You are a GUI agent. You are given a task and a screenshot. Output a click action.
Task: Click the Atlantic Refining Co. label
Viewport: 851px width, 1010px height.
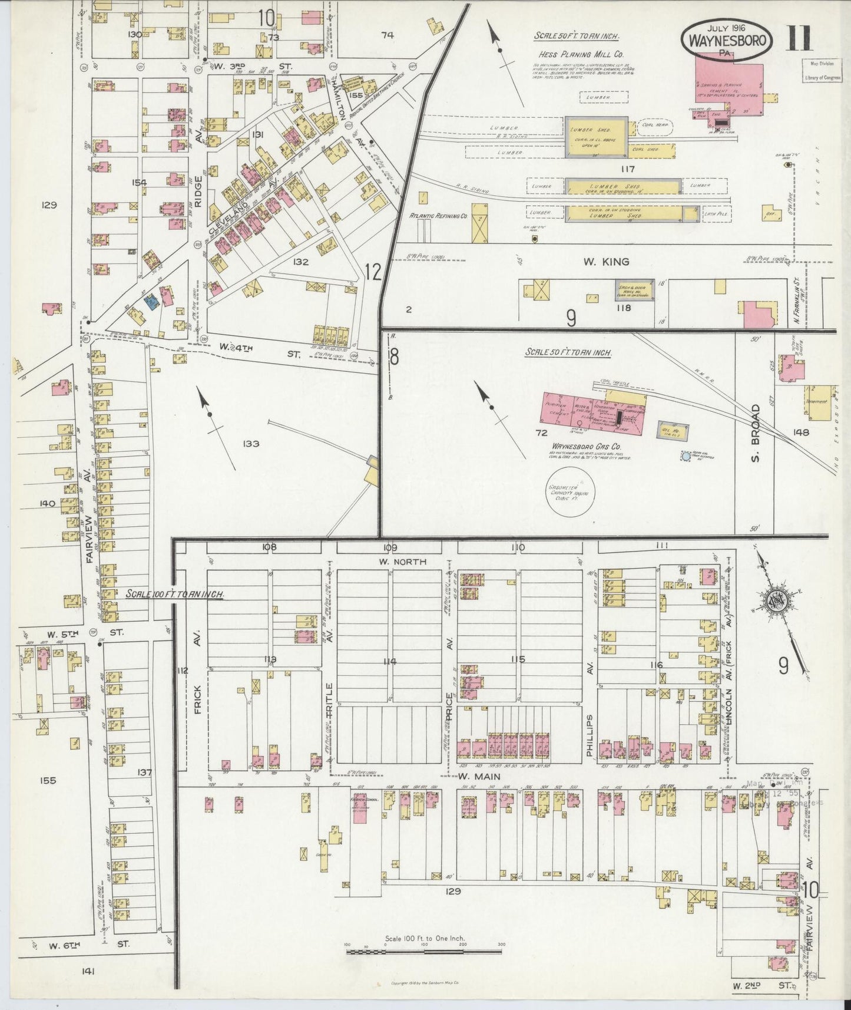click(x=438, y=216)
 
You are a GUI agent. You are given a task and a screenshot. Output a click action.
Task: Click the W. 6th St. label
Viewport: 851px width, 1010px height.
click(x=88, y=946)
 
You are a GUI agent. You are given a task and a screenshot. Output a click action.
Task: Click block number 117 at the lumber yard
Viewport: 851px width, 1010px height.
click(x=627, y=169)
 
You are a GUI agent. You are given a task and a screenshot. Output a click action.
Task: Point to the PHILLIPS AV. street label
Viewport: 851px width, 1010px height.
click(x=590, y=735)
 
